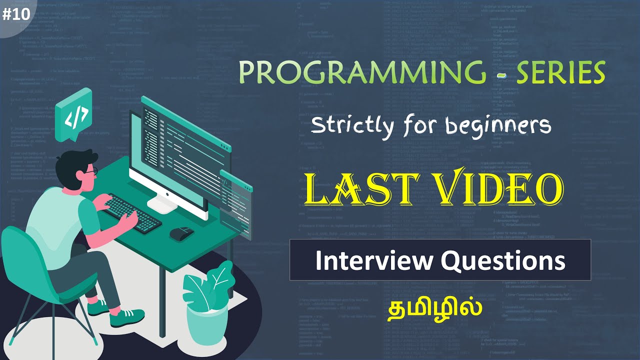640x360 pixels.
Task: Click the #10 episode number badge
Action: pos(16,15)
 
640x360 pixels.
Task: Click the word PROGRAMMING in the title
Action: pos(363,73)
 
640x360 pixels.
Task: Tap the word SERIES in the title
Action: pos(560,73)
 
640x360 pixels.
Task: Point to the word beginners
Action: pos(497,125)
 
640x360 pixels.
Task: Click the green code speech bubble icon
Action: pos(74,115)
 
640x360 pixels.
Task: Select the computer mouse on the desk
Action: pos(181,232)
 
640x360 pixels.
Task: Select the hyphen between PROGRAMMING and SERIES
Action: pos(501,75)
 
